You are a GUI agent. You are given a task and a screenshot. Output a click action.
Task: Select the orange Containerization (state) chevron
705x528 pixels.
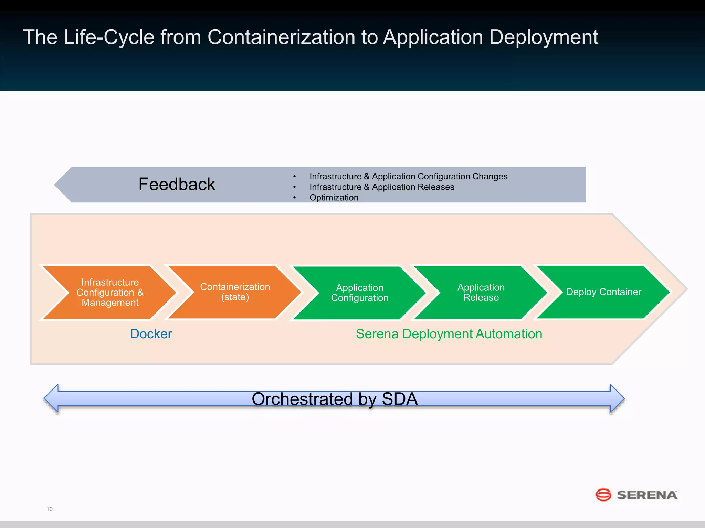pyautogui.click(x=235, y=292)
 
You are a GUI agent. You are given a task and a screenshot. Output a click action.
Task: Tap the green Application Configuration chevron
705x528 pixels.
pyautogui.click(x=360, y=293)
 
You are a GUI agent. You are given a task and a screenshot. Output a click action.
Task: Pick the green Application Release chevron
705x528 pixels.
pyautogui.click(x=481, y=292)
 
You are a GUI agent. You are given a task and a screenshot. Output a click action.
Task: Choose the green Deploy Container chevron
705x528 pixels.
pyautogui.click(x=603, y=292)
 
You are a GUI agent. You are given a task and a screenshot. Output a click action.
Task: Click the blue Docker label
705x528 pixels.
pyautogui.click(x=151, y=334)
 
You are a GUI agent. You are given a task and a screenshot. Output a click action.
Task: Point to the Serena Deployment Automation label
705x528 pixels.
pyautogui.click(x=449, y=334)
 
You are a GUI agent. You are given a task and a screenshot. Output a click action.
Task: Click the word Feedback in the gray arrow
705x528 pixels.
pyautogui.click(x=177, y=184)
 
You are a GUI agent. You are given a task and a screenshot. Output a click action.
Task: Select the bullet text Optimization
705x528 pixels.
pyautogui.click(x=334, y=198)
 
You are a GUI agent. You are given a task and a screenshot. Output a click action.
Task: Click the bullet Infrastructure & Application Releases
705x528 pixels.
pyautogui.click(x=381, y=187)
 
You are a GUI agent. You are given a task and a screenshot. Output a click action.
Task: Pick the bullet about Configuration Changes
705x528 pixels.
pyautogui.click(x=408, y=176)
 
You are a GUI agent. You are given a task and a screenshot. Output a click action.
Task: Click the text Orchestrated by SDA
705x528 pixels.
pyautogui.click(x=335, y=399)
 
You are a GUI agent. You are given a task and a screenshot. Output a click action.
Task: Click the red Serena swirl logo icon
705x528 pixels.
pyautogui.click(x=603, y=495)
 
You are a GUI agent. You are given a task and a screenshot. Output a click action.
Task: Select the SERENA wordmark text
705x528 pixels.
pyautogui.click(x=647, y=495)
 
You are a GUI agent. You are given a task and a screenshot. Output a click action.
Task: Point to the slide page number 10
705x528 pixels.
pyautogui.click(x=50, y=509)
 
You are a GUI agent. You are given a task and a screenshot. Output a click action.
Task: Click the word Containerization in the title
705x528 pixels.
pyautogui.click(x=281, y=37)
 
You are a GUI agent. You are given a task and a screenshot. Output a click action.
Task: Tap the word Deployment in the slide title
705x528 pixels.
pyautogui.click(x=543, y=37)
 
